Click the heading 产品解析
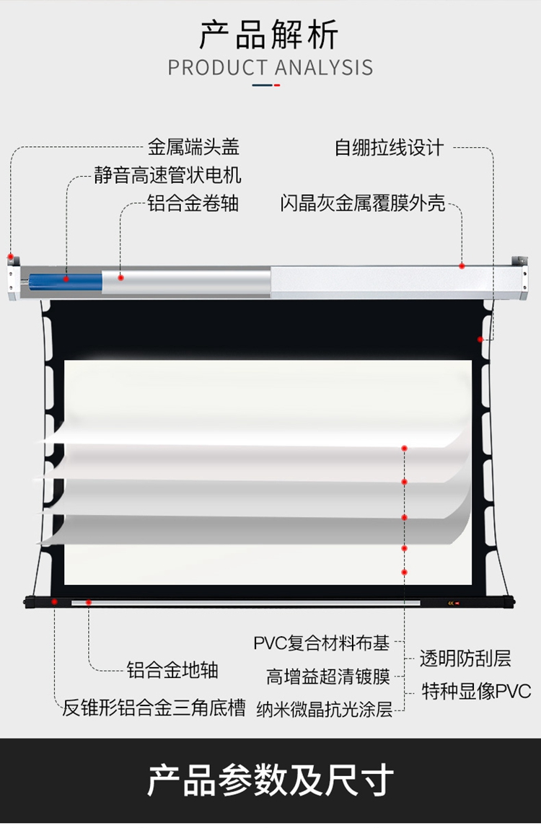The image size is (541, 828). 270,35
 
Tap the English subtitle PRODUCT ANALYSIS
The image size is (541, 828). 270,68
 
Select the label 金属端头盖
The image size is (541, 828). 193,148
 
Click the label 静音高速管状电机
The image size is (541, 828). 168,175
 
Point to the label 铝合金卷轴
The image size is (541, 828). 193,203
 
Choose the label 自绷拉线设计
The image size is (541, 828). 389,148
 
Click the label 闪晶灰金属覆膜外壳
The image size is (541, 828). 363,203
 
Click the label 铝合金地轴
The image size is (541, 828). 172,670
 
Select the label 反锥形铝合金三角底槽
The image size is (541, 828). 154,708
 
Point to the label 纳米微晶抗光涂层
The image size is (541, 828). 325,710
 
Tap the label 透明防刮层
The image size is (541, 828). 465,658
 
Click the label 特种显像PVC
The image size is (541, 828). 476,691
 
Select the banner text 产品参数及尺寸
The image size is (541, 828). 270,780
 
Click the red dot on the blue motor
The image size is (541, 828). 66,278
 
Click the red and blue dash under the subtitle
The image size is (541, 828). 266,85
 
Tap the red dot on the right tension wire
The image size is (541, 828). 480,338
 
